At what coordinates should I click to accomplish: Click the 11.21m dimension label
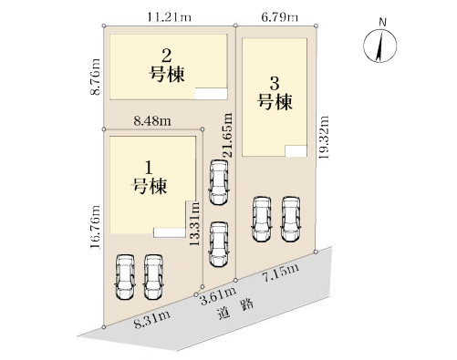click(x=170, y=17)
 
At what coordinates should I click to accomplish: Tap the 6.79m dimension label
click(x=280, y=17)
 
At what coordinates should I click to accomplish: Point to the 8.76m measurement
click(x=95, y=77)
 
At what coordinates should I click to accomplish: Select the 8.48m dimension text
click(x=152, y=121)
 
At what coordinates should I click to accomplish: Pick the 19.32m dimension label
click(x=324, y=138)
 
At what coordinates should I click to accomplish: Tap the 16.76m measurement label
click(x=95, y=227)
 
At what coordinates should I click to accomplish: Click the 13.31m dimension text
click(x=194, y=223)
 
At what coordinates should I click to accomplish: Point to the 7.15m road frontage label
click(x=281, y=273)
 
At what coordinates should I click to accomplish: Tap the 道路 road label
click(x=235, y=309)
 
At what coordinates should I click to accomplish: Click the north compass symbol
click(x=380, y=46)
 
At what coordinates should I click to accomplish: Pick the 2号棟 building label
click(x=167, y=66)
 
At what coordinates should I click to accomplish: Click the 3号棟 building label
click(x=275, y=93)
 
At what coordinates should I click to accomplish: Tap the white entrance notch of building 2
click(x=211, y=94)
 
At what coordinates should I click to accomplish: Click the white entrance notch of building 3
click(x=296, y=151)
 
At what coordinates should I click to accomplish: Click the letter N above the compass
click(x=383, y=22)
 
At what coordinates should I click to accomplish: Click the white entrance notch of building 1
click(x=170, y=232)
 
